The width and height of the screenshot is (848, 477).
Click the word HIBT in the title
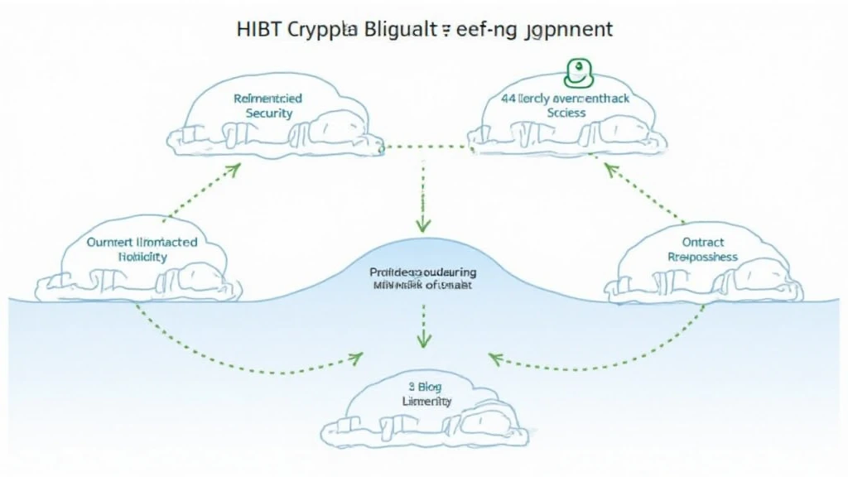(x=259, y=29)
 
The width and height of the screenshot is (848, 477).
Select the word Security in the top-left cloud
(x=269, y=113)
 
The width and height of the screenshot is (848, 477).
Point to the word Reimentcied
(x=268, y=99)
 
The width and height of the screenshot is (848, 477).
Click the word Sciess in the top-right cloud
(x=566, y=113)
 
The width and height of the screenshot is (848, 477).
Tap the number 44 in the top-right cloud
(x=509, y=99)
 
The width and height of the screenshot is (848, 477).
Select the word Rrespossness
(x=702, y=258)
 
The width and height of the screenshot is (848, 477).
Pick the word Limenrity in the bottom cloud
(x=426, y=401)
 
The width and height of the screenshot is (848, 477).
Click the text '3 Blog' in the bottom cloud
(x=425, y=385)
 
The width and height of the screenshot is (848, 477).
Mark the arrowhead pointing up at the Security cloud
(x=234, y=169)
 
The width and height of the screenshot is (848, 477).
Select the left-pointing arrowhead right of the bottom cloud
(x=495, y=358)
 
